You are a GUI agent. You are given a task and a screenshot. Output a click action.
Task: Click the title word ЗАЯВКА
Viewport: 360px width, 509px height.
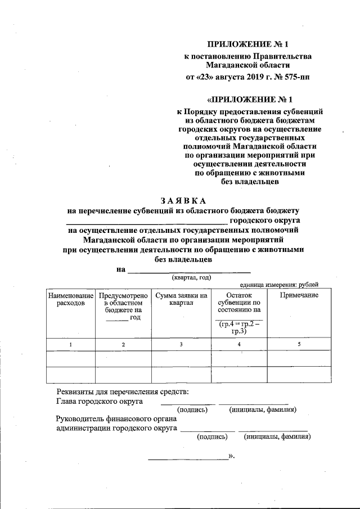coord(183,200)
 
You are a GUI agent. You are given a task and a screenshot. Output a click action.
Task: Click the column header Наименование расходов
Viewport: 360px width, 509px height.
coord(70,299)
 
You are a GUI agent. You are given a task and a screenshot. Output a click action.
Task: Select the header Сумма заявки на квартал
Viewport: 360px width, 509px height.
coord(181,299)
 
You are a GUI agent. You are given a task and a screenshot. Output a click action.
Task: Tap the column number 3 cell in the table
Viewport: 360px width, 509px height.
coord(181,344)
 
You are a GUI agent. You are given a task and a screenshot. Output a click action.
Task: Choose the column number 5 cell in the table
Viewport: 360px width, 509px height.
coord(299,344)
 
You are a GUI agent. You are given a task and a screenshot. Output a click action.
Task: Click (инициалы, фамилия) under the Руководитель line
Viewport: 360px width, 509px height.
coord(277,436)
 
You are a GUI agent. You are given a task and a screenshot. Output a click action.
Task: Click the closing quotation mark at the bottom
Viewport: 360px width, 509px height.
coord(231,457)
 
